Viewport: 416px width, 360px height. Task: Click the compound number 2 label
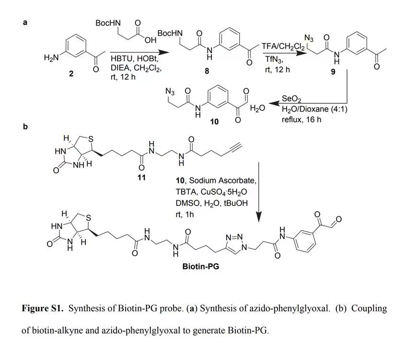pyautogui.click(x=71, y=73)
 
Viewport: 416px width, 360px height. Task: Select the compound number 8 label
pyautogui.click(x=207, y=71)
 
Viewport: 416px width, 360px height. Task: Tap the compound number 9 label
pyautogui.click(x=333, y=72)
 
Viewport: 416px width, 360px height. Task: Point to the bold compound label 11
pyautogui.click(x=142, y=177)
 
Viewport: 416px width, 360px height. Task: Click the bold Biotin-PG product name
pyautogui.click(x=201, y=266)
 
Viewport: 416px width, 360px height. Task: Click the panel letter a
pyautogui.click(x=25, y=22)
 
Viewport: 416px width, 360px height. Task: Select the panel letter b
pyautogui.click(x=25, y=127)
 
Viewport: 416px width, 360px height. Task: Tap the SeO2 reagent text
pyautogui.click(x=291, y=99)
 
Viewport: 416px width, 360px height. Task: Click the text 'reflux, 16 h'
pyautogui.click(x=301, y=120)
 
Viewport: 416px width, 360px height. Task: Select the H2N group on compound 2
pyautogui.click(x=51, y=57)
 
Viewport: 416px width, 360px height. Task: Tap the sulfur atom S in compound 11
pyautogui.click(x=91, y=139)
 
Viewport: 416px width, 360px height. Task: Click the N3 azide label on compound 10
pyautogui.click(x=170, y=92)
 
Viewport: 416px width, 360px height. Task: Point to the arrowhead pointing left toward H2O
pyautogui.click(x=274, y=103)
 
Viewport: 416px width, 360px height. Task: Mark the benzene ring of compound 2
pyautogui.click(x=76, y=45)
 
